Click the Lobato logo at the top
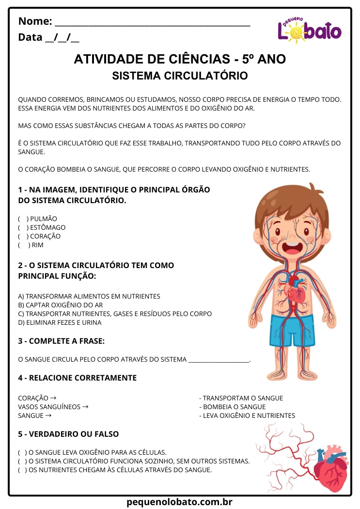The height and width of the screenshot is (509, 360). click(309, 30)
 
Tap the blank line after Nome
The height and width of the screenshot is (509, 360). click(153, 22)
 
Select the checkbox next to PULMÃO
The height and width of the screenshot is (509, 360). click(23, 219)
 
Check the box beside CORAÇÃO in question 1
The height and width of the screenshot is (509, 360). click(23, 236)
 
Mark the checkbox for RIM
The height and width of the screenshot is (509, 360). click(23, 245)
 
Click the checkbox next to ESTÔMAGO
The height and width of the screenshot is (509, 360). click(23, 227)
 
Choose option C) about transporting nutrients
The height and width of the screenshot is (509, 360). click(114, 314)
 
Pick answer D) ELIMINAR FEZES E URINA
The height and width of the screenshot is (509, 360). click(60, 322)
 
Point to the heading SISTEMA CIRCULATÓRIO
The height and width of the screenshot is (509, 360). click(180, 76)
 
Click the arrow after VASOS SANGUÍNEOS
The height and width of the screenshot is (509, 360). click(85, 407)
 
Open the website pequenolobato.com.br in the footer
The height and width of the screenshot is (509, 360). click(180, 502)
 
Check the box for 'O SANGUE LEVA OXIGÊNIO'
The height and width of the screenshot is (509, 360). click(23, 452)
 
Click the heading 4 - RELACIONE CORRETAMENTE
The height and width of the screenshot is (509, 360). click(78, 378)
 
